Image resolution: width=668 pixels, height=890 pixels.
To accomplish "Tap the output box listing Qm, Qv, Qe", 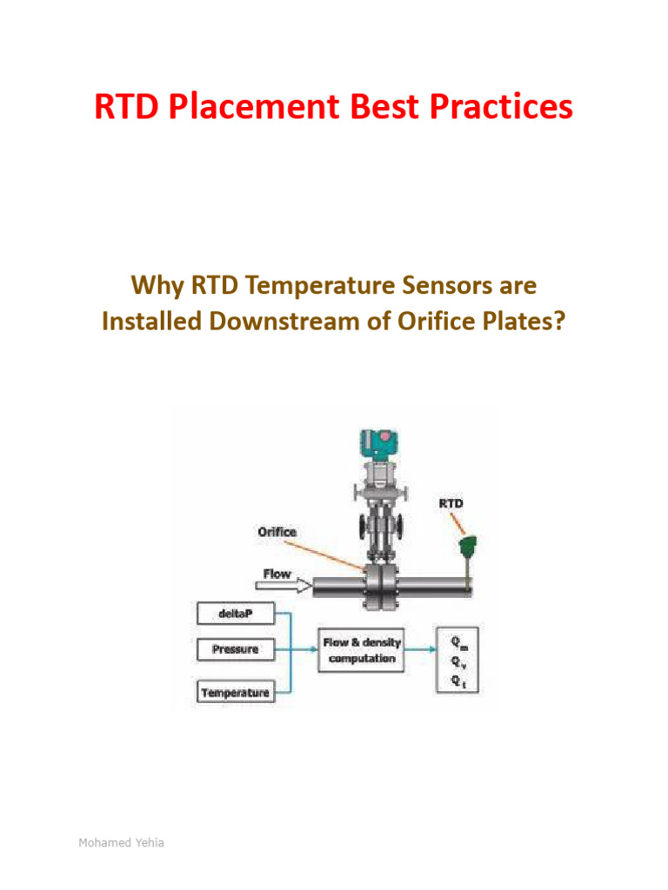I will coord(457,658).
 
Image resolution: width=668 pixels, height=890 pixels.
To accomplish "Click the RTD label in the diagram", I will coord(451,503).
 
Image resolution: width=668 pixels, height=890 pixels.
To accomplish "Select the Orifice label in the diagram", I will coord(277,531).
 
